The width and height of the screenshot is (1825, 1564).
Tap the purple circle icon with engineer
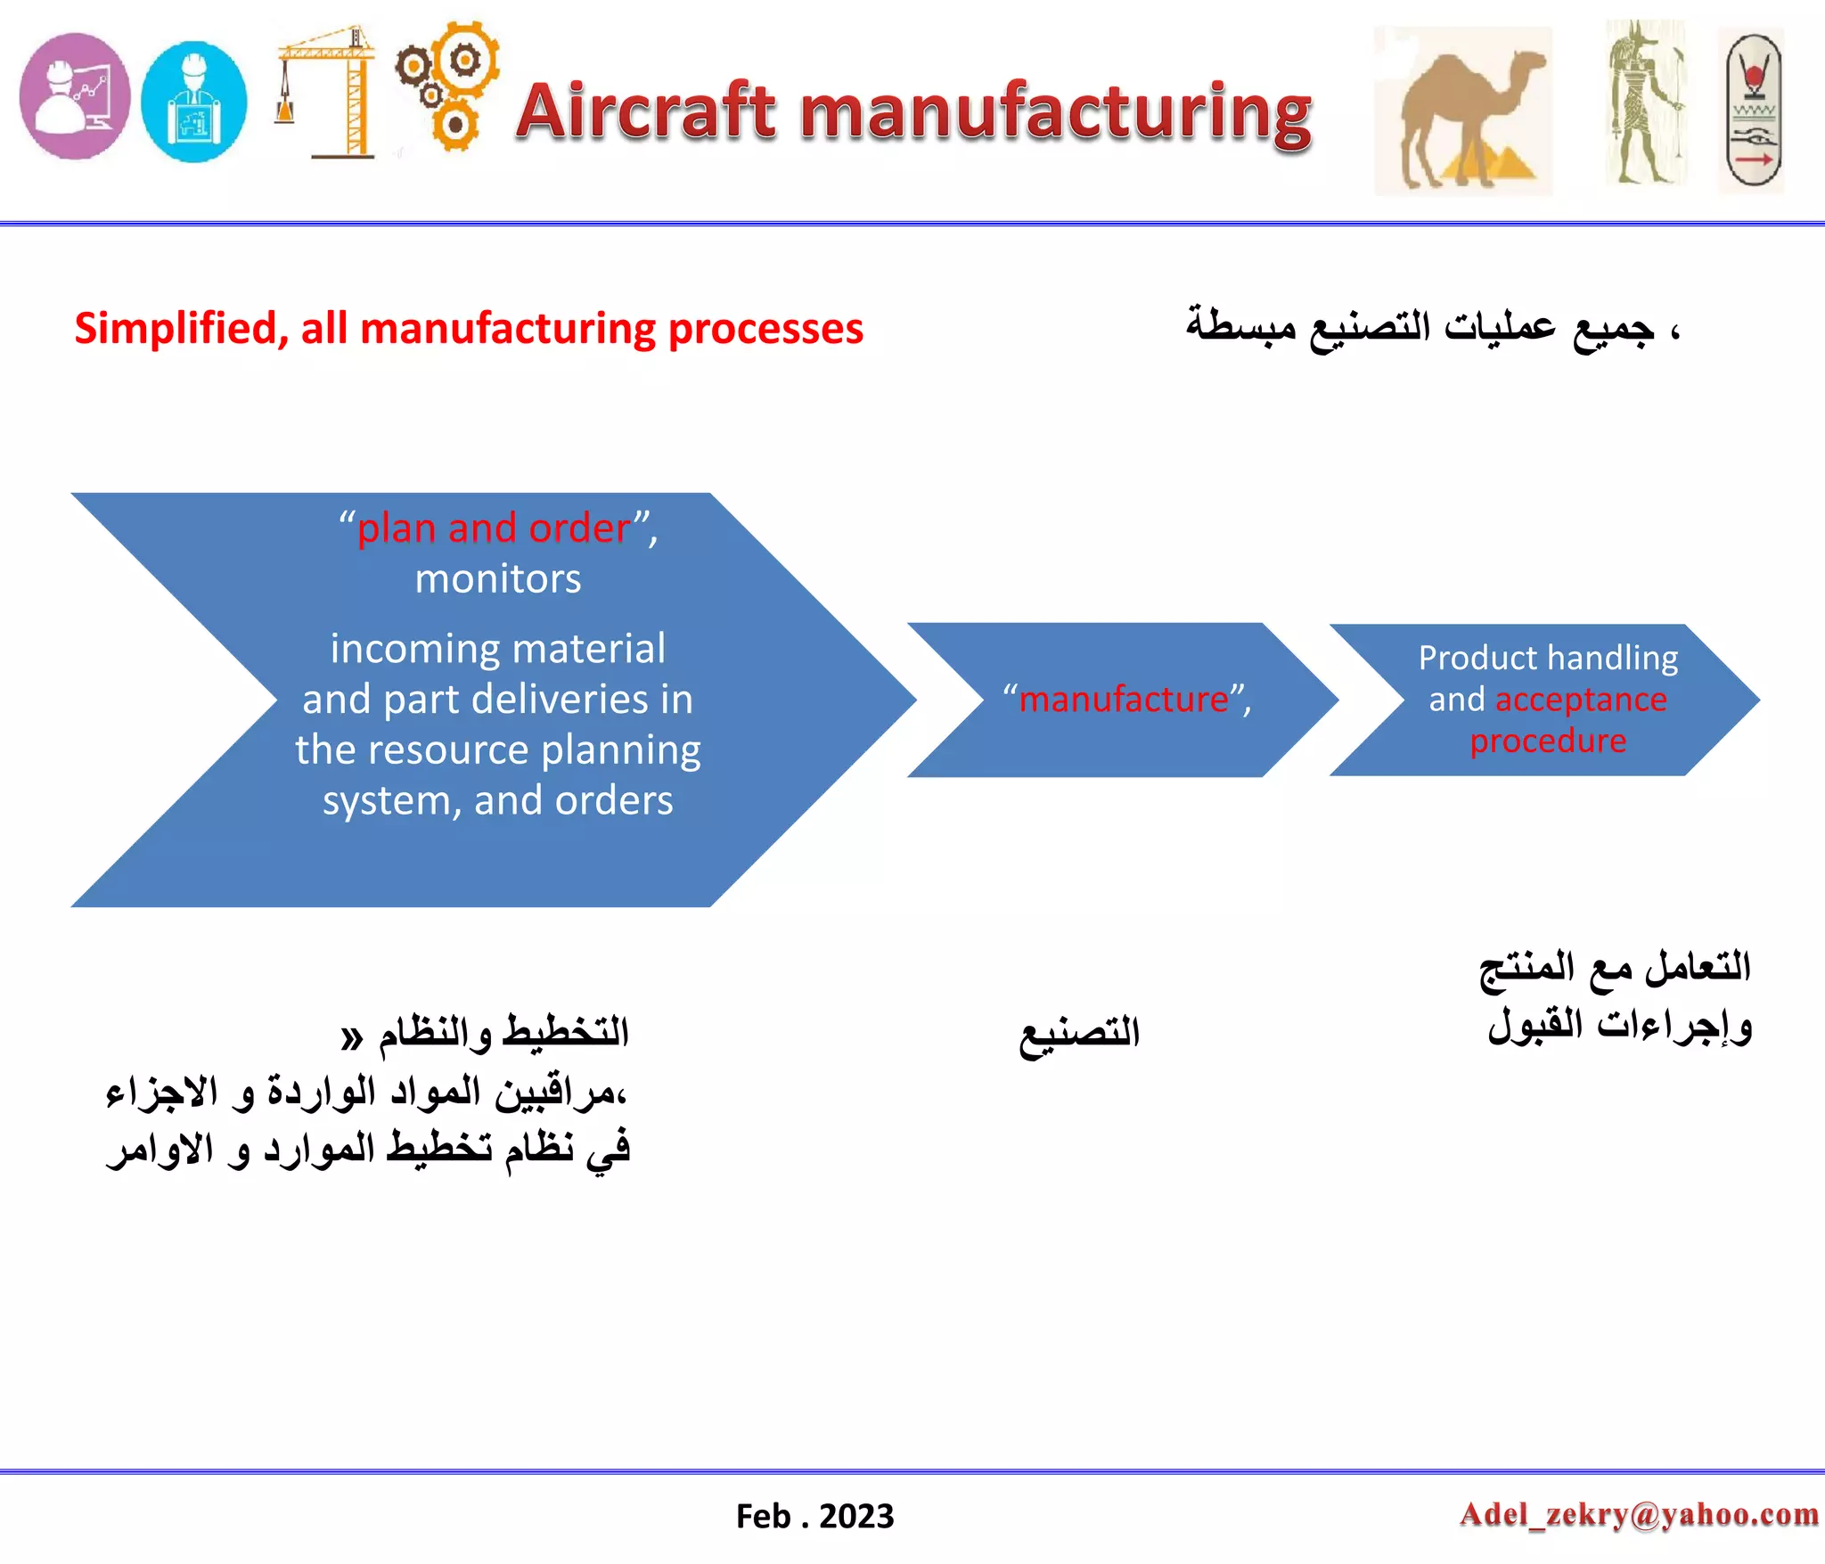coord(75,96)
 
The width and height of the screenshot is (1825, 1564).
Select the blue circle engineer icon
coord(193,102)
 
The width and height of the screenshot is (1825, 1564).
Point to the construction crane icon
coord(326,91)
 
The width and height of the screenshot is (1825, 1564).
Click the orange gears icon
coord(448,86)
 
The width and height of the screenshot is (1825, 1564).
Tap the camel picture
coord(1462,111)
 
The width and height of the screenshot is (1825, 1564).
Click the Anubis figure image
coord(1645,102)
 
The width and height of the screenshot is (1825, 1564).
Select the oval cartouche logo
coord(1752,111)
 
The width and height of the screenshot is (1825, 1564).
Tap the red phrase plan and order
coord(494,528)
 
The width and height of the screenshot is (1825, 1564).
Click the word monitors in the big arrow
coord(498,579)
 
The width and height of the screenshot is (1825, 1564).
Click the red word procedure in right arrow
coord(1548,741)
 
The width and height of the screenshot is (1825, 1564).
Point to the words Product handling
coord(1548,658)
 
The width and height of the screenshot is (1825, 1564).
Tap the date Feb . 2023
coord(814,1516)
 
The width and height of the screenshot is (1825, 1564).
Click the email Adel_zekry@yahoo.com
coord(1639,1514)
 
